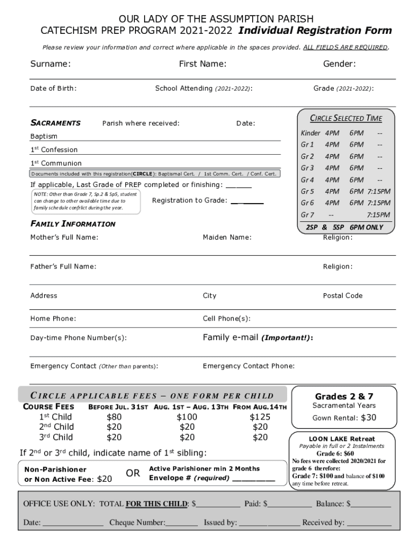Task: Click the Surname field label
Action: click(x=51, y=64)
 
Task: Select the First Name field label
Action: click(x=202, y=64)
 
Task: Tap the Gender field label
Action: click(x=339, y=64)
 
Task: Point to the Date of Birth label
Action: click(x=53, y=88)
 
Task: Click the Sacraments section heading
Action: click(x=55, y=123)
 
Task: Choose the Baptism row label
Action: click(x=44, y=136)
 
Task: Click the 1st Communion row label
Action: click(x=56, y=163)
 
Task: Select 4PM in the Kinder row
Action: click(x=332, y=133)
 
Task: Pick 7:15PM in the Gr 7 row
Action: click(x=379, y=215)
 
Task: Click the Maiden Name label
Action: click(x=227, y=237)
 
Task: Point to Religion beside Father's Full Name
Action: click(x=338, y=266)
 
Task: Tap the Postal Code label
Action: click(x=342, y=295)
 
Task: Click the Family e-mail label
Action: click(x=258, y=338)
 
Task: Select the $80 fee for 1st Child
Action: click(x=114, y=417)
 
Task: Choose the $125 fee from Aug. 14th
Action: click(x=260, y=417)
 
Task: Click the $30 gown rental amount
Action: click(x=368, y=418)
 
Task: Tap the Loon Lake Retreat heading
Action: click(x=342, y=439)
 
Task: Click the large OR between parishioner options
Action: click(x=133, y=473)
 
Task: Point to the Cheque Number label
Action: click(x=137, y=523)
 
